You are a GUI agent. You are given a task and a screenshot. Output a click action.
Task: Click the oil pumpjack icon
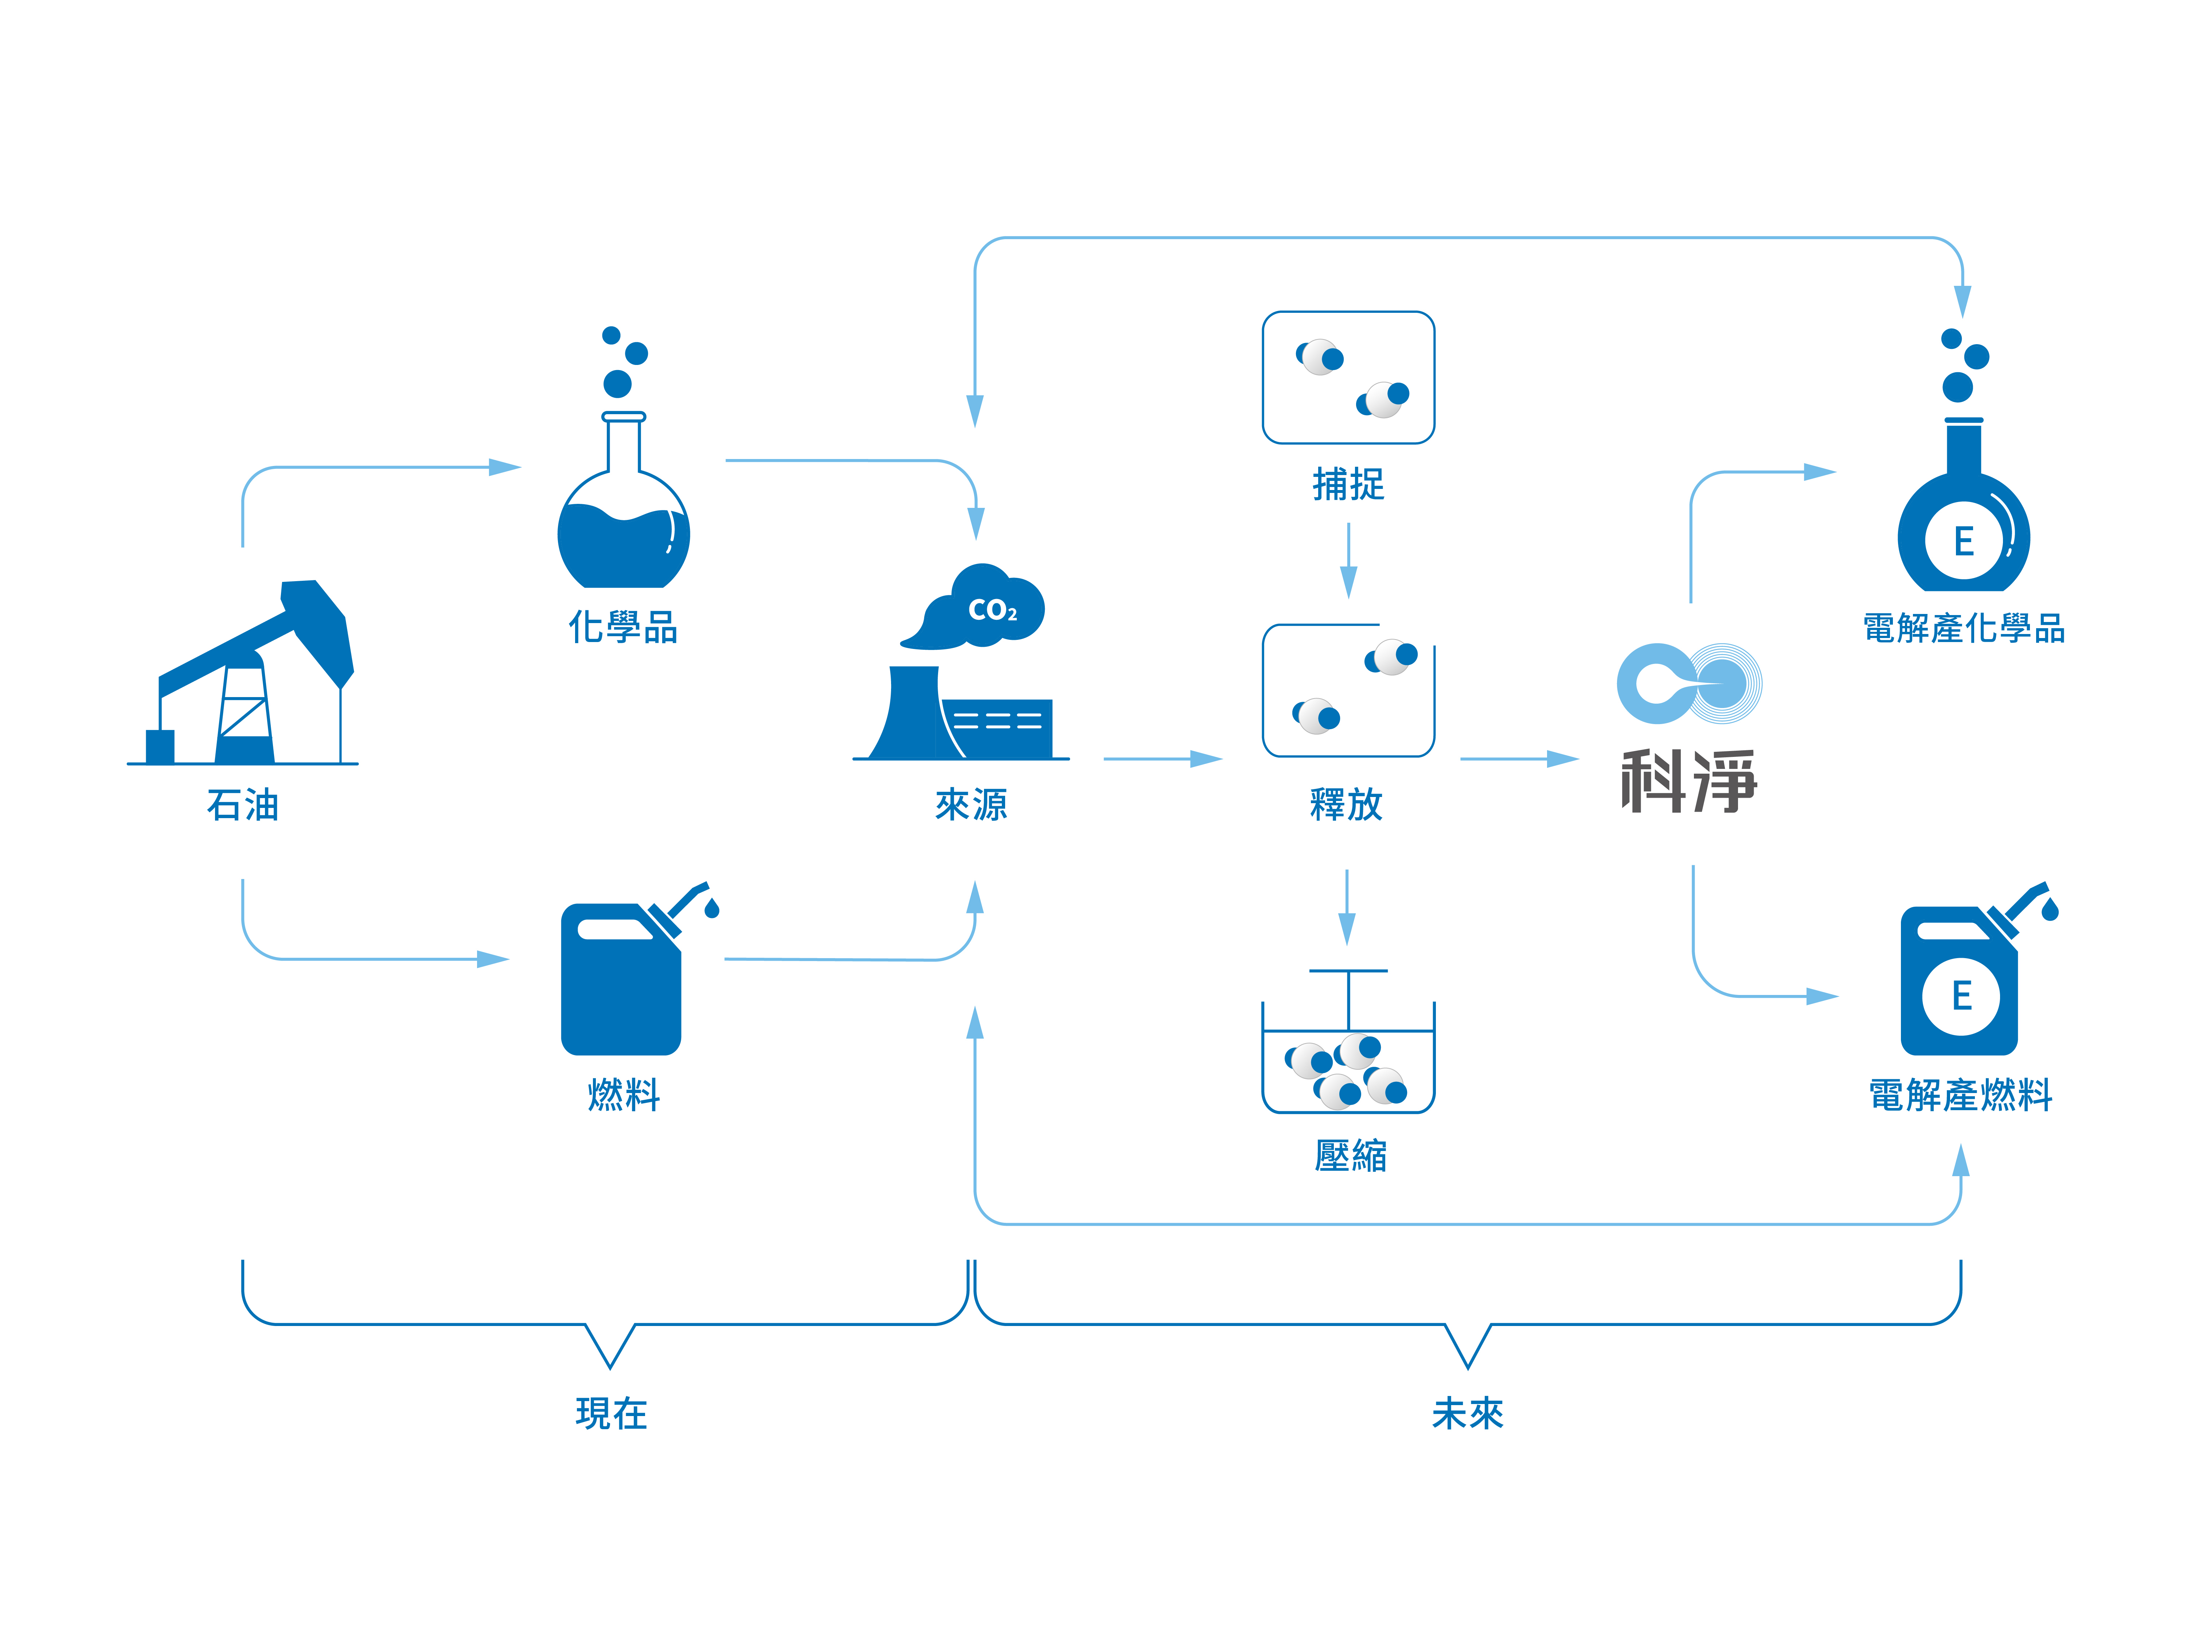click(x=242, y=673)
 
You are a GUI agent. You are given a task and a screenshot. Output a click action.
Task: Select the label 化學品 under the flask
click(x=623, y=627)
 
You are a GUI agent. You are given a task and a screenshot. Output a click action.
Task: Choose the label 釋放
click(x=1347, y=804)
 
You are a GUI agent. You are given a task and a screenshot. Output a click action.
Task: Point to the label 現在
click(x=611, y=1413)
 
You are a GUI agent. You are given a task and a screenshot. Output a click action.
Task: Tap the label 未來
click(x=1467, y=1413)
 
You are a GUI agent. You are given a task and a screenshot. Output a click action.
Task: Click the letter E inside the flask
click(x=1964, y=541)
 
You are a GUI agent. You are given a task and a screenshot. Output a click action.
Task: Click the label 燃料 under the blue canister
click(x=623, y=1095)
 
